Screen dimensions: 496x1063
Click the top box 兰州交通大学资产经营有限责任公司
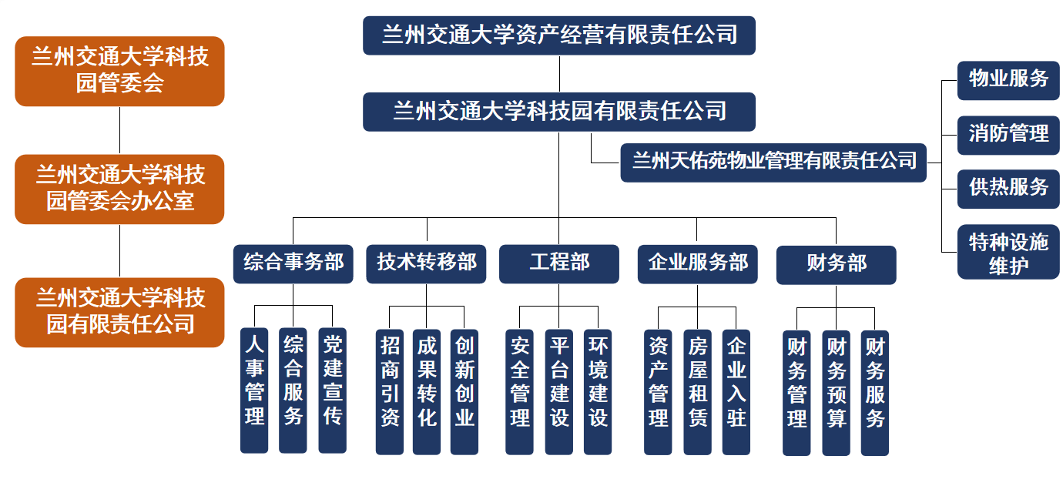(x=559, y=35)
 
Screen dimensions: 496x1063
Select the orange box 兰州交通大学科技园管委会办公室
(x=119, y=189)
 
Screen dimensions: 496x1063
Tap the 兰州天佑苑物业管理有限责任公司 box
(x=773, y=162)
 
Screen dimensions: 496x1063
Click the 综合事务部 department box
(x=293, y=263)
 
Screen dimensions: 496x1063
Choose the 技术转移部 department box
(x=426, y=263)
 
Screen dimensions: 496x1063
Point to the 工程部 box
(x=559, y=263)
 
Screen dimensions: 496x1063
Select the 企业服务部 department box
(x=698, y=263)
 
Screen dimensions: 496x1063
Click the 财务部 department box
(x=836, y=264)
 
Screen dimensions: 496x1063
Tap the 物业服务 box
(x=1008, y=80)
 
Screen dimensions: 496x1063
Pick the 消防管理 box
(x=1008, y=135)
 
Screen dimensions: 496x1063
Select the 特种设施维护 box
(x=1008, y=252)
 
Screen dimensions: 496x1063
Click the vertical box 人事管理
(x=254, y=390)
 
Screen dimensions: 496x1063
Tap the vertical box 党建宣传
(x=333, y=390)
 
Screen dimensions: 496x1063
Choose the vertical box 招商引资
(x=390, y=391)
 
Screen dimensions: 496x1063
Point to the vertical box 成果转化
(x=427, y=391)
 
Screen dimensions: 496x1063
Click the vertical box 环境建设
(x=598, y=391)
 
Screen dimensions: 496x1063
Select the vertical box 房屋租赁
(x=697, y=391)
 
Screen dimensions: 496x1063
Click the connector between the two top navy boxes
(x=559, y=74)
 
